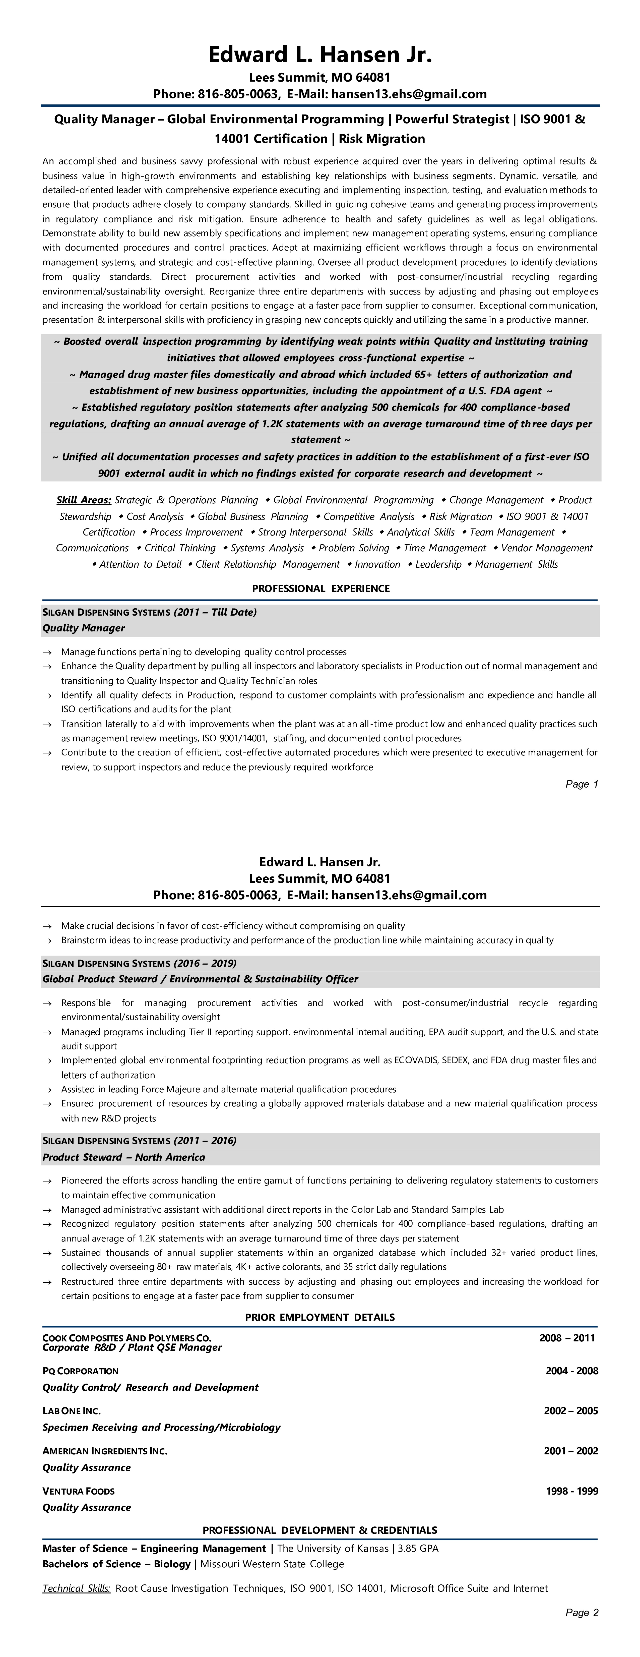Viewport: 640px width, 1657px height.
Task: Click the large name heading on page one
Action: click(320, 55)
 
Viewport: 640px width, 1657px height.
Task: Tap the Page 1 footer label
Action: click(582, 784)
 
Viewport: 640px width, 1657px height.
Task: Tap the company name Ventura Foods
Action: click(79, 1491)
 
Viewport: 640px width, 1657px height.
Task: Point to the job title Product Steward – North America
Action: click(123, 1157)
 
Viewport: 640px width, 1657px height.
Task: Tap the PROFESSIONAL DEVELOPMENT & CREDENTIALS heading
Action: click(320, 1530)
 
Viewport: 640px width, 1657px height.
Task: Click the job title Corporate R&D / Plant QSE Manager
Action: click(132, 1348)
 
